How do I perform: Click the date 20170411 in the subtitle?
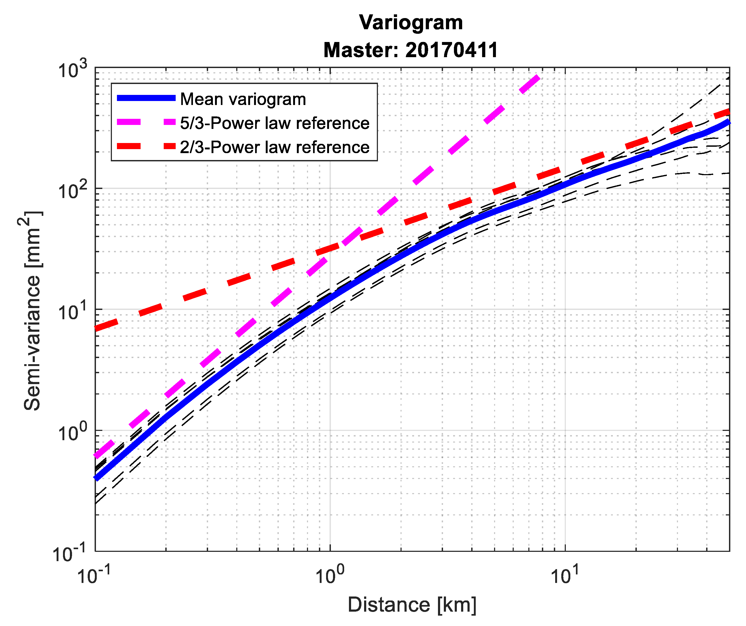(451, 50)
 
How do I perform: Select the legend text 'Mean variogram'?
(243, 99)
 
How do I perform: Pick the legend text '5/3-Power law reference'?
(275, 123)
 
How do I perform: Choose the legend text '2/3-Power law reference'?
(275, 147)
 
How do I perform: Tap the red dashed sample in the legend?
(146, 146)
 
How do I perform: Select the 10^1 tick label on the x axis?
(565, 575)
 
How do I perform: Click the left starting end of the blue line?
(97, 478)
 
